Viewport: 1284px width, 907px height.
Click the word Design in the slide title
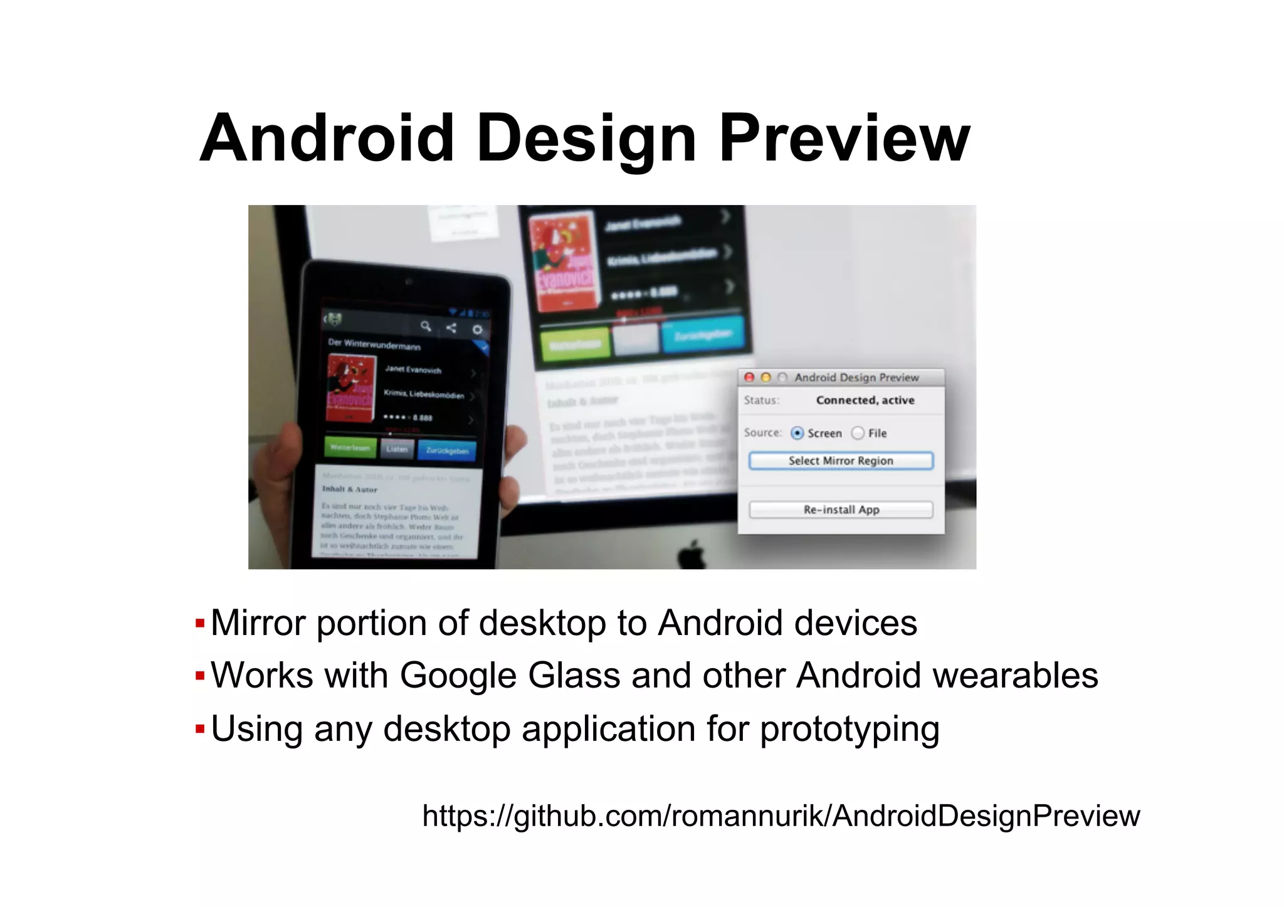pyautogui.click(x=586, y=139)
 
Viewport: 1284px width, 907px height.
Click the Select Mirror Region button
pyautogui.click(x=840, y=461)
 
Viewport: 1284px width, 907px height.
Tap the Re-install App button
pyautogui.click(x=840, y=510)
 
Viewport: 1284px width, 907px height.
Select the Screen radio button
pyautogui.click(x=797, y=433)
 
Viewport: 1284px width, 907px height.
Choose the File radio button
pyautogui.click(x=858, y=433)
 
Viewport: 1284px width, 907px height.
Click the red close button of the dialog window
pyautogui.click(x=749, y=377)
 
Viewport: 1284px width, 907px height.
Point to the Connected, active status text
pyautogui.click(x=865, y=400)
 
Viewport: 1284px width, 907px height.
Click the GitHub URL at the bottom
pyautogui.click(x=781, y=816)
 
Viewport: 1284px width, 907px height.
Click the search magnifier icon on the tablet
pyautogui.click(x=426, y=326)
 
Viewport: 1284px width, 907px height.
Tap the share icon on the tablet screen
pyautogui.click(x=451, y=328)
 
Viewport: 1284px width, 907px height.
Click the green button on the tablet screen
pyautogui.click(x=350, y=448)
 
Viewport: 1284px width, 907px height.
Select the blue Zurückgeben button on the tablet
pyautogui.click(x=447, y=451)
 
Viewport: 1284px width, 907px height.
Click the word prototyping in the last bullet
pyautogui.click(x=850, y=729)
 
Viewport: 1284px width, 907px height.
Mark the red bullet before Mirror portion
pyautogui.click(x=200, y=624)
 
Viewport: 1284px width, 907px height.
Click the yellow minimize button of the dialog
pyautogui.click(x=766, y=377)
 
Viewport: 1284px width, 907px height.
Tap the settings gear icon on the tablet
pyautogui.click(x=477, y=330)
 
